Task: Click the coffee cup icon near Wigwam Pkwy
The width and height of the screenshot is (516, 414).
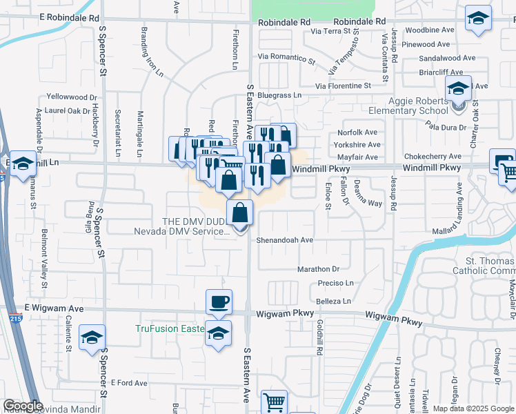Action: pos(219,302)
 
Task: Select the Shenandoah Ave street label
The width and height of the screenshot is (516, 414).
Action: pos(286,240)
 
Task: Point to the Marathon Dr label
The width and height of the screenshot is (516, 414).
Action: pos(319,269)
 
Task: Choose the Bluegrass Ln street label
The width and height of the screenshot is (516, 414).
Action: pos(279,95)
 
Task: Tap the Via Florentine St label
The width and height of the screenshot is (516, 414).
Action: pos(343,86)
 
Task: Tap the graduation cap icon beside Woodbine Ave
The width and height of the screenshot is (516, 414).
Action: pos(477,19)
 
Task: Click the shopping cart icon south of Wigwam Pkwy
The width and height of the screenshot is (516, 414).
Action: pos(274,402)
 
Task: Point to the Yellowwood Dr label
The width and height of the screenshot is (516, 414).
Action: pos(72,97)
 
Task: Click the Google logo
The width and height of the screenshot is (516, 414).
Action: pos(23,406)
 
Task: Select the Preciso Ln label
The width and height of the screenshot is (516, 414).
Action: pos(335,283)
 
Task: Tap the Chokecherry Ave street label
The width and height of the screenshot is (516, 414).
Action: pos(433,157)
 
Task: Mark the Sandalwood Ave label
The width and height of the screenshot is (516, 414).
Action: pos(447,58)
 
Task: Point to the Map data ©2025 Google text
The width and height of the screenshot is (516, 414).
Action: pos(473,408)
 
